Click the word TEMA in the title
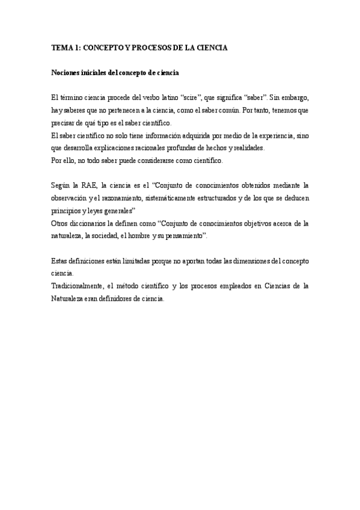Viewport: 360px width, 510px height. pos(61,48)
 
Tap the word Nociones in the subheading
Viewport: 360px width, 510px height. pos(66,73)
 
